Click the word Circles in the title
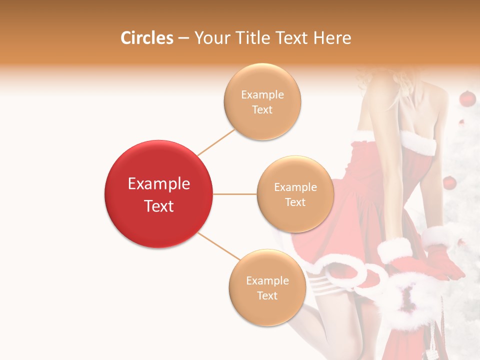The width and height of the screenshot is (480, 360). click(x=147, y=38)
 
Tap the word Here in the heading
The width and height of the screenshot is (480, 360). click(x=332, y=38)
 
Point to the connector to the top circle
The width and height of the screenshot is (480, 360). click(x=216, y=142)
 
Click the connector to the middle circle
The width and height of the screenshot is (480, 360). click(x=234, y=194)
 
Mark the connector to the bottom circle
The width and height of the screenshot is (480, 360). click(x=219, y=246)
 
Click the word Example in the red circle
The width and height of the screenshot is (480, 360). click(x=159, y=184)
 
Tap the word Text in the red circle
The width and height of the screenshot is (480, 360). click(x=159, y=206)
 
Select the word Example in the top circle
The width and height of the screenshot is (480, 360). click(x=262, y=94)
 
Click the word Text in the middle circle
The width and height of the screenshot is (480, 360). click(x=295, y=202)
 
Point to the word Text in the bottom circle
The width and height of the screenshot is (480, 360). click(x=267, y=295)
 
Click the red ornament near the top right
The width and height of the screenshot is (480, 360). click(x=466, y=99)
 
